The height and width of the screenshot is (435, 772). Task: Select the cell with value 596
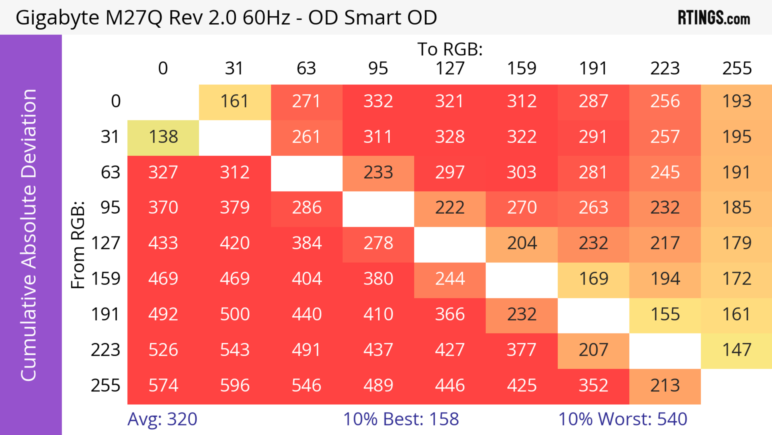235,385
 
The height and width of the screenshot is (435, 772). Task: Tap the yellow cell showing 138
163,137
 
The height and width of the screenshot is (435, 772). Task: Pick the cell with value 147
737,350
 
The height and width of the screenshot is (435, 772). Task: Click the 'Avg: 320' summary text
162,419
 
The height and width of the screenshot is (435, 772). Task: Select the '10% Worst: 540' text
622,419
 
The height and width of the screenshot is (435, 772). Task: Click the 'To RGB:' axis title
450,49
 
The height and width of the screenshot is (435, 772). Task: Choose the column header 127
450,68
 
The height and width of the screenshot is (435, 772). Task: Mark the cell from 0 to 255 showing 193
737,101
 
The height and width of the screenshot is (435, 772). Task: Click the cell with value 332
378,101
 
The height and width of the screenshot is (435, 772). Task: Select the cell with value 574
163,385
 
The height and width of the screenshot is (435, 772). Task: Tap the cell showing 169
593,279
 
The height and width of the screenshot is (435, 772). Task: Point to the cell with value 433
163,243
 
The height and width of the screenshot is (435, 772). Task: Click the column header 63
306,68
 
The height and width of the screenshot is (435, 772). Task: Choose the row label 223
106,350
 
